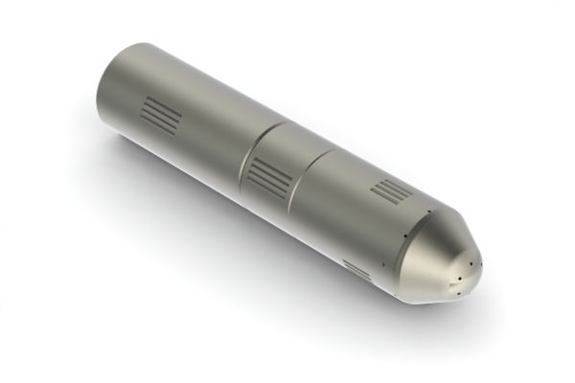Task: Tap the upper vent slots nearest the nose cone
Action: [389, 191]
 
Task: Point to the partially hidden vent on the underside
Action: [356, 269]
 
